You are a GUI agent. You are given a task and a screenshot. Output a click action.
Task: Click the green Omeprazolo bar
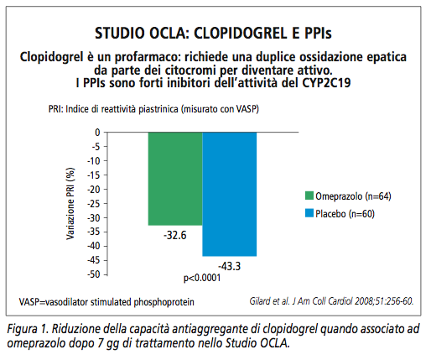point(175,179)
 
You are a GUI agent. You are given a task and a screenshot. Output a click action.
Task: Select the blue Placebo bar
point(230,194)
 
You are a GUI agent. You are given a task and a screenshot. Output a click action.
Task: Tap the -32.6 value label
point(175,236)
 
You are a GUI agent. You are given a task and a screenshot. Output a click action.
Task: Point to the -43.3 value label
point(229,266)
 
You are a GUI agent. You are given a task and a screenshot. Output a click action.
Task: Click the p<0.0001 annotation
point(202,278)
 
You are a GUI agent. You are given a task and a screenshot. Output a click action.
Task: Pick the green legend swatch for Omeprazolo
point(309,196)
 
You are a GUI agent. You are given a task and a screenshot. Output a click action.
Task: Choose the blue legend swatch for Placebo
point(309,213)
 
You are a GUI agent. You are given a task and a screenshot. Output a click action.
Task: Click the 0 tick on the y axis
point(97,133)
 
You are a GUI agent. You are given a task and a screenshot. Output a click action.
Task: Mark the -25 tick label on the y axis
point(93,204)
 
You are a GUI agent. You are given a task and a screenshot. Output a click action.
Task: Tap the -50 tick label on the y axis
point(93,274)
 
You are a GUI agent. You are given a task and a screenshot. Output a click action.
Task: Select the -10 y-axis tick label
point(93,161)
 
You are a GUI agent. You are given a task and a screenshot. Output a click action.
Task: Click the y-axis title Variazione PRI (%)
point(70,203)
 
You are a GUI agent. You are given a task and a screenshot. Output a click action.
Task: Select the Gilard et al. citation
point(331,301)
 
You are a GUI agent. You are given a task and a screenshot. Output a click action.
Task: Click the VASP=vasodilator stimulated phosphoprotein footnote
point(106,302)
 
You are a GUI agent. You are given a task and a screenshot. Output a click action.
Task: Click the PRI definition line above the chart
point(153,109)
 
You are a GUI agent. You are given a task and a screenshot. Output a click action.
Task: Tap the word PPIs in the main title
point(318,33)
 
